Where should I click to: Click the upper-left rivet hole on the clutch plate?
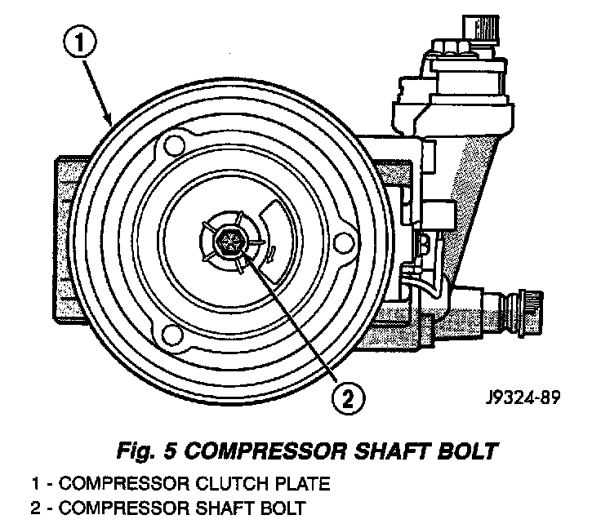[171, 147]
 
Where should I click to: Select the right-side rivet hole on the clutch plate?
[344, 242]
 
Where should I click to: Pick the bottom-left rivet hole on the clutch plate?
[172, 335]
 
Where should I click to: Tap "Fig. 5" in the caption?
[148, 450]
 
